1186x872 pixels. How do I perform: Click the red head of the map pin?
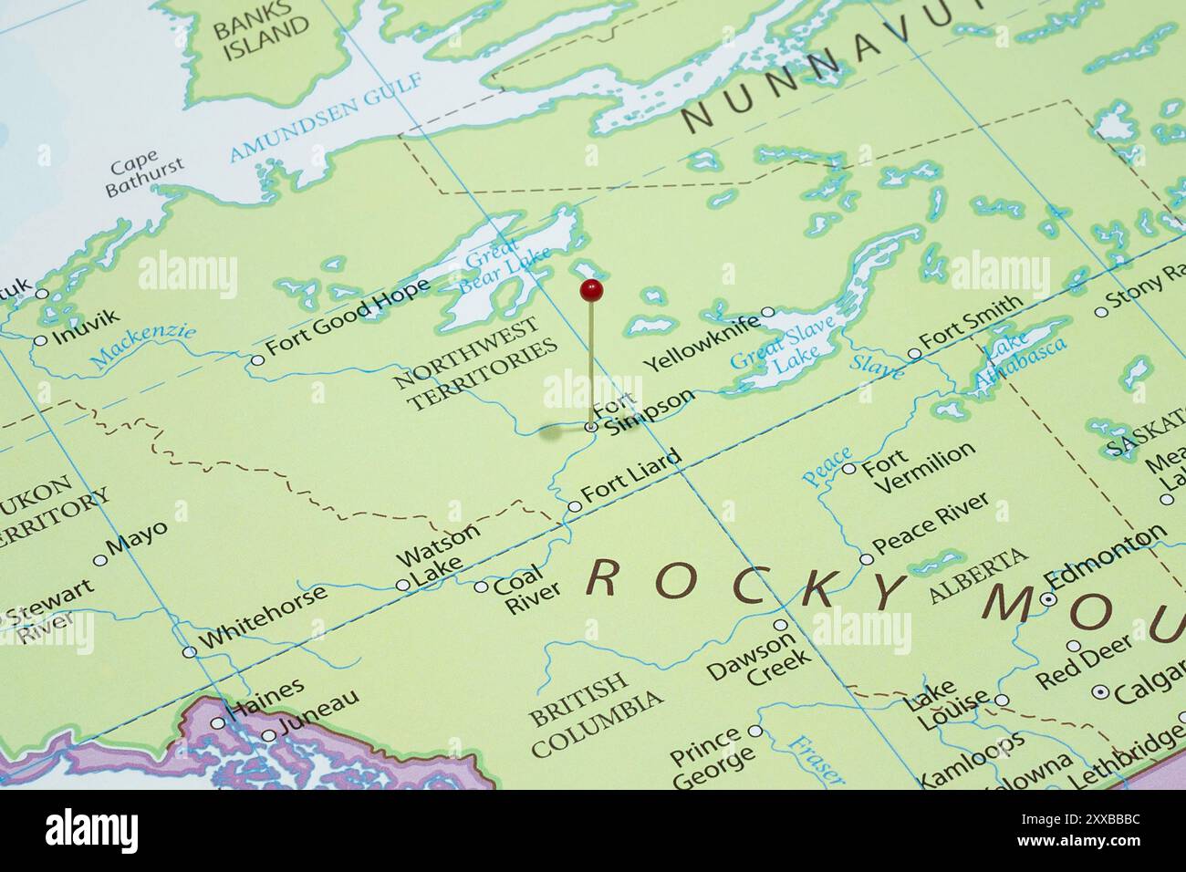pyautogui.click(x=591, y=291)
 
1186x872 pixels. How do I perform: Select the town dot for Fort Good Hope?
pyautogui.click(x=257, y=360)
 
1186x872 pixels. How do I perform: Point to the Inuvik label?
pyautogui.click(x=86, y=328)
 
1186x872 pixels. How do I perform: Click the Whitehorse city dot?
pyautogui.click(x=189, y=651)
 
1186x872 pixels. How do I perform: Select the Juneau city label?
pyautogui.click(x=315, y=713)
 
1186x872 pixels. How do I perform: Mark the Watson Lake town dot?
pyautogui.click(x=402, y=585)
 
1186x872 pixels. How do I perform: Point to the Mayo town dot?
pyautogui.click(x=100, y=560)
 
